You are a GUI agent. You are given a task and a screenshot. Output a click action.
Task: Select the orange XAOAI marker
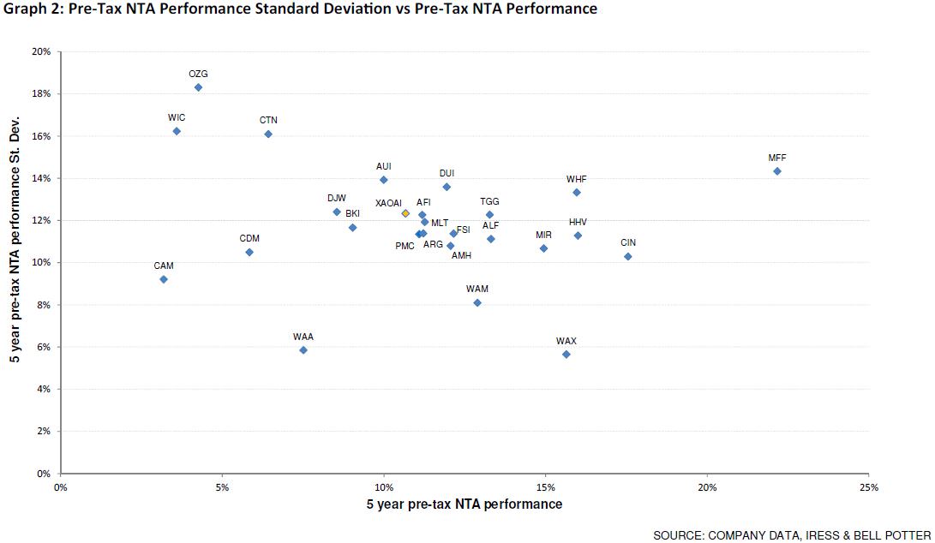tap(405, 213)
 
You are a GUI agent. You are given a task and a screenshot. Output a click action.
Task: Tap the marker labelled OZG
tap(198, 87)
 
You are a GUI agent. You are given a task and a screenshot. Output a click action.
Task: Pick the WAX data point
tap(566, 355)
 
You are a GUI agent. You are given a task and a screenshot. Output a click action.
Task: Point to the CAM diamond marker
tap(164, 279)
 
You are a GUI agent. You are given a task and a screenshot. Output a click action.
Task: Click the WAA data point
tap(303, 350)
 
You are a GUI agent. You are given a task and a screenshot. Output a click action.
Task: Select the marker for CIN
tap(628, 256)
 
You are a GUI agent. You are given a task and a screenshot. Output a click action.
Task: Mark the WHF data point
tap(577, 193)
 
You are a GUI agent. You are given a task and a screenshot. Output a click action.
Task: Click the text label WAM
tap(477, 289)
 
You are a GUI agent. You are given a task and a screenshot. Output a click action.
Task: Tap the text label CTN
tap(268, 121)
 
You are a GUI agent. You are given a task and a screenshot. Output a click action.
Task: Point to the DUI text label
tap(447, 173)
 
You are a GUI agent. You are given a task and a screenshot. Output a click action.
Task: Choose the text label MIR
tap(543, 235)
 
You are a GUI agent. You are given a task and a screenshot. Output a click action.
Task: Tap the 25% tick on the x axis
tap(868, 487)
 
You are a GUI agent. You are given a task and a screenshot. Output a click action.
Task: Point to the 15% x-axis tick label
tap(545, 487)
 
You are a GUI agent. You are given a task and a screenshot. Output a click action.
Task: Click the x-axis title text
tap(465, 504)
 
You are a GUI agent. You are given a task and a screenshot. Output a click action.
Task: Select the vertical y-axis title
tap(15, 262)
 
